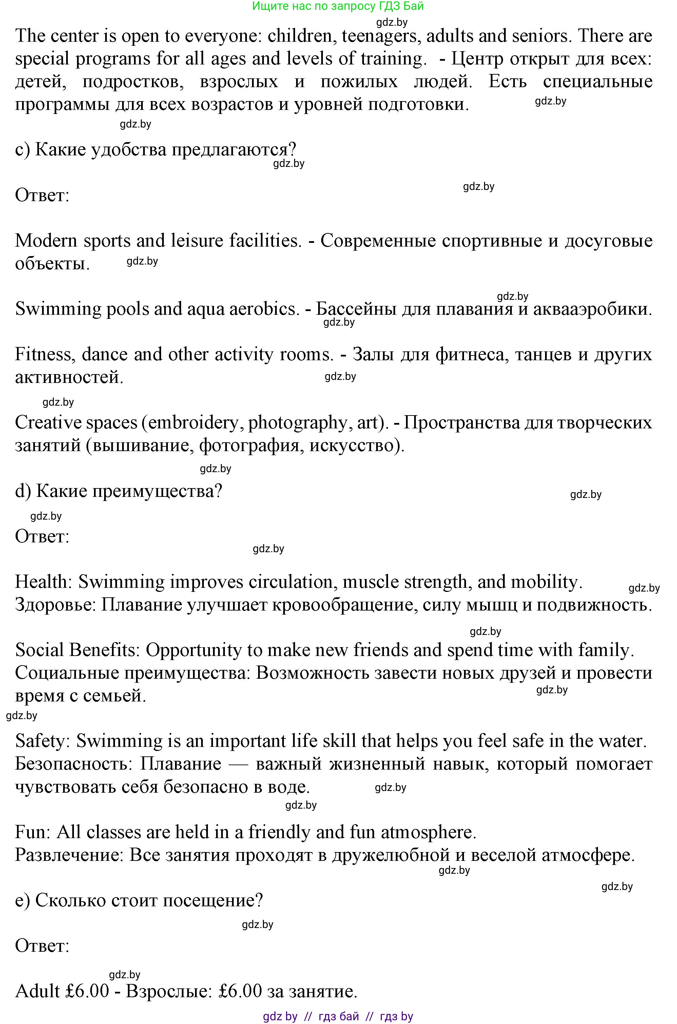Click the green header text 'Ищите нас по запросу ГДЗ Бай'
click(338, 6)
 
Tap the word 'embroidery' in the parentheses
click(193, 423)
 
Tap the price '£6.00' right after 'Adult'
click(88, 991)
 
